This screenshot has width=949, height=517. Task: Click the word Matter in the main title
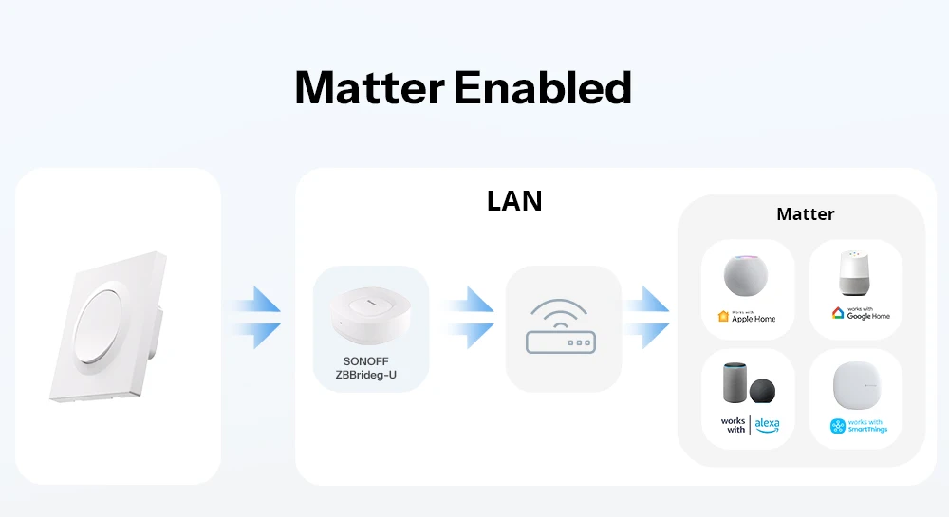tap(368, 88)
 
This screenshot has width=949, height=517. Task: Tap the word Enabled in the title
tap(543, 88)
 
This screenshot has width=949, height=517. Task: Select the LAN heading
tap(514, 201)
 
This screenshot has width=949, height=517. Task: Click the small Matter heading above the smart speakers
tap(805, 214)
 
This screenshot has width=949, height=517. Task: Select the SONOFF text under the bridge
tap(371, 361)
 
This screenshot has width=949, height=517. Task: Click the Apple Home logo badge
tap(723, 317)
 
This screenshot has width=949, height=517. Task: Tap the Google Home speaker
tap(854, 274)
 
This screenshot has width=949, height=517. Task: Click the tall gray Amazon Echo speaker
tap(732, 385)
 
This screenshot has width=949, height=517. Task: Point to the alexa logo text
tap(768, 424)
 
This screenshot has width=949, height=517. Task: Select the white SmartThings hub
tap(854, 387)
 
